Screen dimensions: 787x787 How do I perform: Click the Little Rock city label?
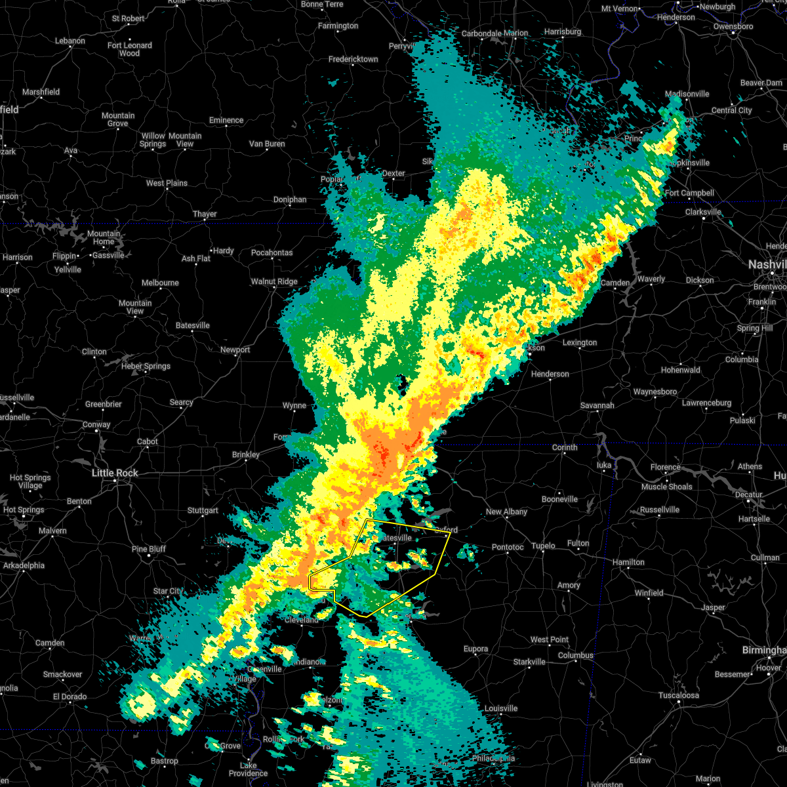coord(115,473)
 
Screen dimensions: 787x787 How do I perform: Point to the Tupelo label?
coord(543,546)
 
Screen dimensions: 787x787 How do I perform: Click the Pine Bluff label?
coord(149,549)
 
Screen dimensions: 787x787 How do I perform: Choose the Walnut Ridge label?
coord(274,281)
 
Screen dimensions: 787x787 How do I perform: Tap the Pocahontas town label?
coord(272,252)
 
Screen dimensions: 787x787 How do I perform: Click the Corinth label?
coord(565,447)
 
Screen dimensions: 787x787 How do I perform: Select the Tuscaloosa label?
coord(679,695)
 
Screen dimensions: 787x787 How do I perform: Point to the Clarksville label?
coord(703,212)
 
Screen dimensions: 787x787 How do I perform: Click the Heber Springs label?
coord(146,366)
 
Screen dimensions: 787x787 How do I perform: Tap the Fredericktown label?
coord(353,59)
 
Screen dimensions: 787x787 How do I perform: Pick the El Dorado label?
coord(70,696)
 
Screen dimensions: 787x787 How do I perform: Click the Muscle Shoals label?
coord(667,487)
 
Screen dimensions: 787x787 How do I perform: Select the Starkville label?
coord(529,662)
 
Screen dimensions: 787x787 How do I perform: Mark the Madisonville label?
coord(687,94)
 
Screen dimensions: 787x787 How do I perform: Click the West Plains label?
coord(167,183)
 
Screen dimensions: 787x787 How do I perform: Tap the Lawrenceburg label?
coord(706,403)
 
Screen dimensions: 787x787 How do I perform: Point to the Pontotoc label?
coord(508,547)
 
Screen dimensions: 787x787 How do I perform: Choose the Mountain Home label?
coord(104,237)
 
